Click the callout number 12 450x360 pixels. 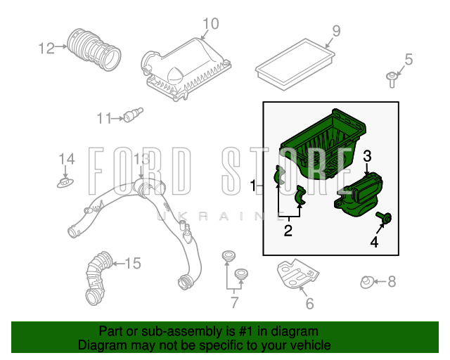[46, 49]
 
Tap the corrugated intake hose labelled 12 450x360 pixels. [94, 49]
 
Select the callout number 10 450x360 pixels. [211, 24]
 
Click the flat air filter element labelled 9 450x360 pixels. [295, 64]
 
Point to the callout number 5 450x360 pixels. [409, 60]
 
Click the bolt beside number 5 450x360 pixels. [392, 80]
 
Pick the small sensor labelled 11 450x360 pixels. [133, 115]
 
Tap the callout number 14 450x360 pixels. [67, 159]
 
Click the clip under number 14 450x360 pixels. [65, 183]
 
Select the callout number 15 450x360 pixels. [133, 263]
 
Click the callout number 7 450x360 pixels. [234, 302]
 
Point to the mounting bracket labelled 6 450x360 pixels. [297, 274]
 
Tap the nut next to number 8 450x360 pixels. [367, 282]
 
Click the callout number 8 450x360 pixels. [392, 282]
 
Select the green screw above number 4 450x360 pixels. [384, 217]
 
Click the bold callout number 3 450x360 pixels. [367, 157]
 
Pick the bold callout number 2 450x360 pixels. [288, 231]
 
